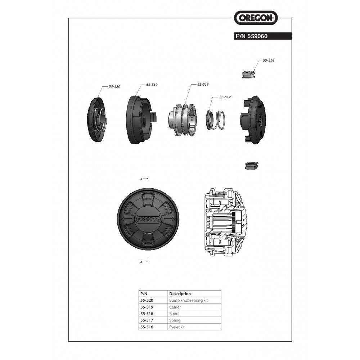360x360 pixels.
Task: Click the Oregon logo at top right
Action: coord(256,17)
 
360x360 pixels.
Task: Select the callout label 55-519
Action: coord(152,85)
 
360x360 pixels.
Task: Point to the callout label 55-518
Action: coord(203,84)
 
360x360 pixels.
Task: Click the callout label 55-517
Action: coord(225,97)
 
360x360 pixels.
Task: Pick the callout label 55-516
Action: coord(269,60)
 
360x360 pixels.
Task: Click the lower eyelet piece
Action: coord(252,166)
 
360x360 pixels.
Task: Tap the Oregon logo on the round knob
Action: coord(148,219)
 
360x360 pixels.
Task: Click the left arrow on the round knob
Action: coord(126,219)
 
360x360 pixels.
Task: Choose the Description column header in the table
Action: coord(180,294)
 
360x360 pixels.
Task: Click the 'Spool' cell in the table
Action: coord(174,314)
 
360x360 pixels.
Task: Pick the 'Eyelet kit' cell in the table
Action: coord(177,327)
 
